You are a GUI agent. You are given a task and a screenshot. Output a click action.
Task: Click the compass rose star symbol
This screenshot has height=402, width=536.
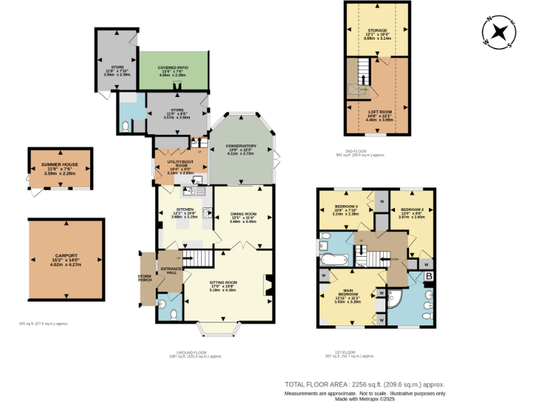point(500,32)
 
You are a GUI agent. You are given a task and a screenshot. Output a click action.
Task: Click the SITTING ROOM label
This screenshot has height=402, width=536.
point(223,283)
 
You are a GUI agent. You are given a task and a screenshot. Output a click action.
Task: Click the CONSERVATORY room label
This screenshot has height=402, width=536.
point(241,146)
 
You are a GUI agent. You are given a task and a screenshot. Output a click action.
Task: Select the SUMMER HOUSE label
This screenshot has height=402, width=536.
point(59,164)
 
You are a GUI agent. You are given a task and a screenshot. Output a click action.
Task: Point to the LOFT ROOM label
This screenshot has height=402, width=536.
point(380,111)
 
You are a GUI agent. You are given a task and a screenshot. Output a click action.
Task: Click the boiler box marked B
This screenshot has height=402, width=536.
point(429,276)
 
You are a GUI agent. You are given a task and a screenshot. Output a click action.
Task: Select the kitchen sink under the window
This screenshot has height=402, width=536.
point(193,191)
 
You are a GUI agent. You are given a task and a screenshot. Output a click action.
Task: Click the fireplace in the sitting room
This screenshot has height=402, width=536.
point(266,285)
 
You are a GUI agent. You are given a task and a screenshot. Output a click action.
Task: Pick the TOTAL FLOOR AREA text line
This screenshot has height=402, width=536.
point(364,385)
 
